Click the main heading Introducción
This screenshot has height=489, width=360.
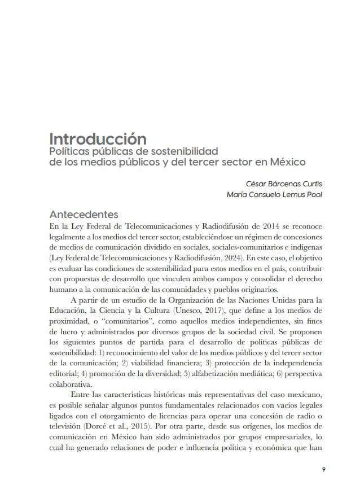[x=98, y=139]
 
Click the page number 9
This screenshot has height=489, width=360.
[x=323, y=469]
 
